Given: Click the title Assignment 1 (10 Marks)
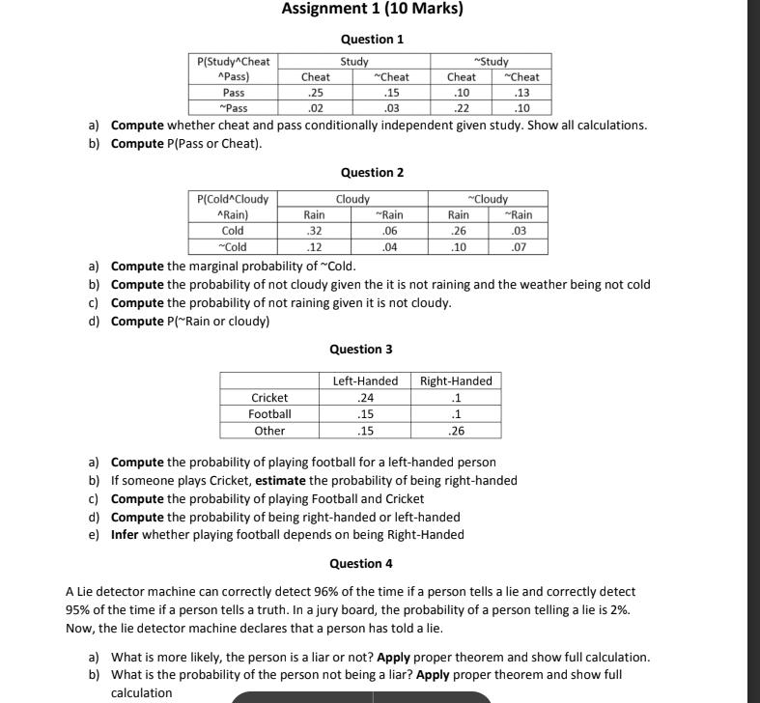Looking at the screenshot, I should point(372,10).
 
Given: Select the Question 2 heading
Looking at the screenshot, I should point(372,172).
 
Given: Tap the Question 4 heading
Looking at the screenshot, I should point(361,563).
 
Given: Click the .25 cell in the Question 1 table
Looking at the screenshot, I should point(315,93).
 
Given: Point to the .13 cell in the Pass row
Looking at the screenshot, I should point(522,93).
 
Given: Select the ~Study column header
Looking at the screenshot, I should point(491,62).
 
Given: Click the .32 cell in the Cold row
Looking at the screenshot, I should point(314,231).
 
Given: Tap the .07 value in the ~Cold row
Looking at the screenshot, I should point(521,247).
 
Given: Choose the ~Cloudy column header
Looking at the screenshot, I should point(490,199).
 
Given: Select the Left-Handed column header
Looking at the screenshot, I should point(365,380).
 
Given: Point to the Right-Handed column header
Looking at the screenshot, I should point(456,380).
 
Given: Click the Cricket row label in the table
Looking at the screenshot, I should point(269,397).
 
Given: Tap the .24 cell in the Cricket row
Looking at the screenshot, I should point(365,397).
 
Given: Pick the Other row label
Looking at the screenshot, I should point(269,431).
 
